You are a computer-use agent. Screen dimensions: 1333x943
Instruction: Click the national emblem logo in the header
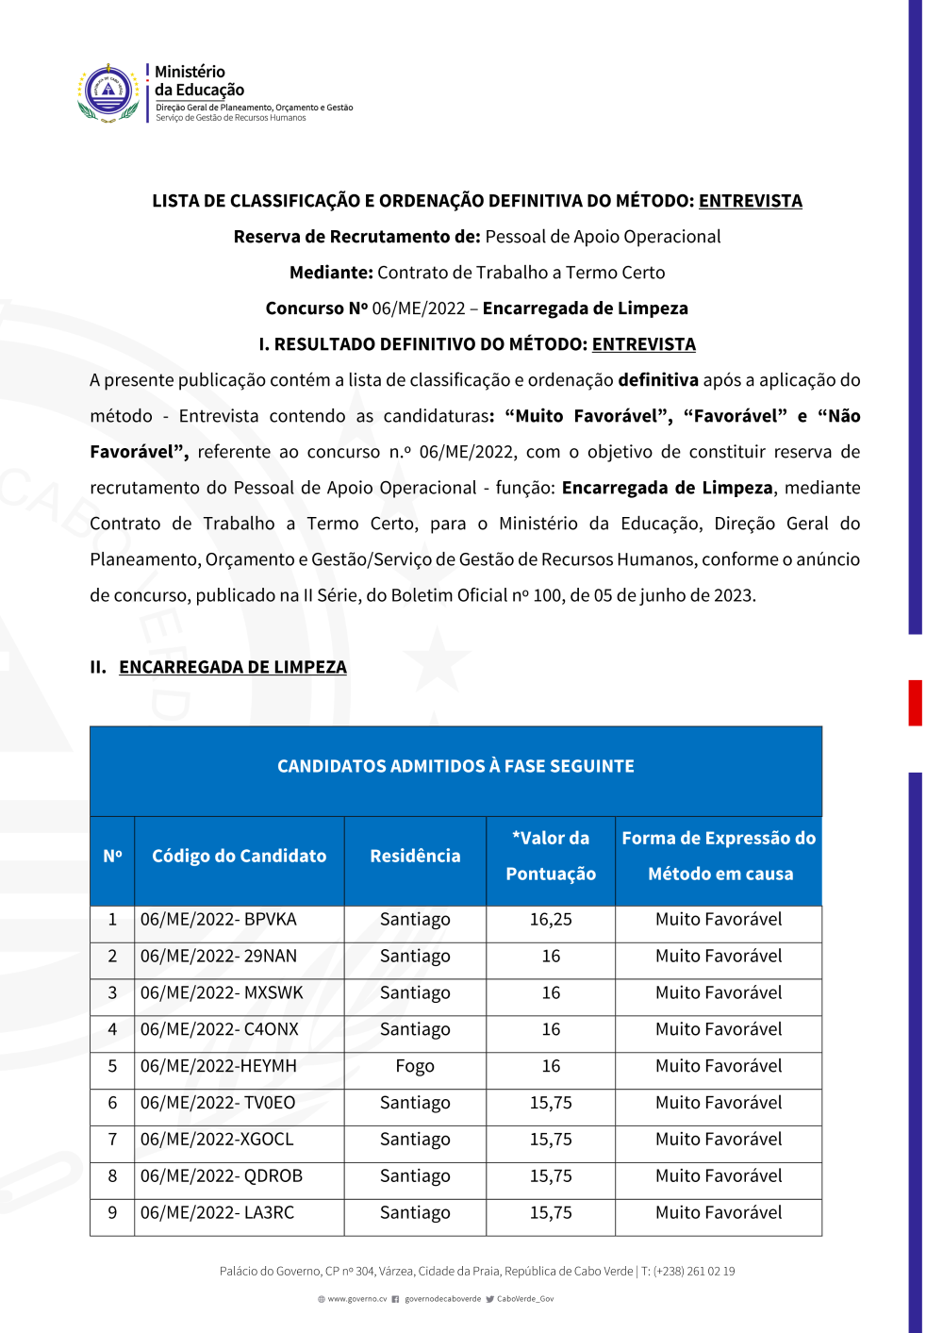tap(108, 92)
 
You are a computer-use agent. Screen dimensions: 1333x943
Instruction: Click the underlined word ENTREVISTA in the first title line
tap(750, 201)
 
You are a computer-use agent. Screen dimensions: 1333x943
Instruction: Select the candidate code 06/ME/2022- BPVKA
tap(219, 920)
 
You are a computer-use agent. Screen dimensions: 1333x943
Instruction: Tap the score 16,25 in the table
tap(551, 920)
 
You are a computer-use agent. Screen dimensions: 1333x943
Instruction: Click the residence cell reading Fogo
tap(415, 1067)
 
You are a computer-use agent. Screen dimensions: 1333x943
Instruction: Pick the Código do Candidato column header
tap(240, 857)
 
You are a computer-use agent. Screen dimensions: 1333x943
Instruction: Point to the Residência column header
tap(415, 857)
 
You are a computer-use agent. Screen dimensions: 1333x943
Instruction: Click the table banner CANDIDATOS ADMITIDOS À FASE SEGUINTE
tap(455, 767)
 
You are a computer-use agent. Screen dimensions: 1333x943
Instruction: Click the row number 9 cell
tap(112, 1213)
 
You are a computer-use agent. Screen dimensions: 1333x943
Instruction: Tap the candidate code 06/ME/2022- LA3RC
tap(218, 1213)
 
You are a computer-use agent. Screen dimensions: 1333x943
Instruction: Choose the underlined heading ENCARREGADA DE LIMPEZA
tap(233, 668)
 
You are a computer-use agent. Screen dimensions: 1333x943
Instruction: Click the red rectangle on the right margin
tap(915, 703)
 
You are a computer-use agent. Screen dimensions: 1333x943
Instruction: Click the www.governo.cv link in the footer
tap(356, 1299)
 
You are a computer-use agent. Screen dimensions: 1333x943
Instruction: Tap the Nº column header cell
tap(112, 857)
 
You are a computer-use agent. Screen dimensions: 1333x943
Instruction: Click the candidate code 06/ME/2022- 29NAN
tap(219, 957)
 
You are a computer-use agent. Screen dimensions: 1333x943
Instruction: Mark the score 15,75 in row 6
tap(551, 1104)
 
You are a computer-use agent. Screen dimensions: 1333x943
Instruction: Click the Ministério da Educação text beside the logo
tap(199, 81)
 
